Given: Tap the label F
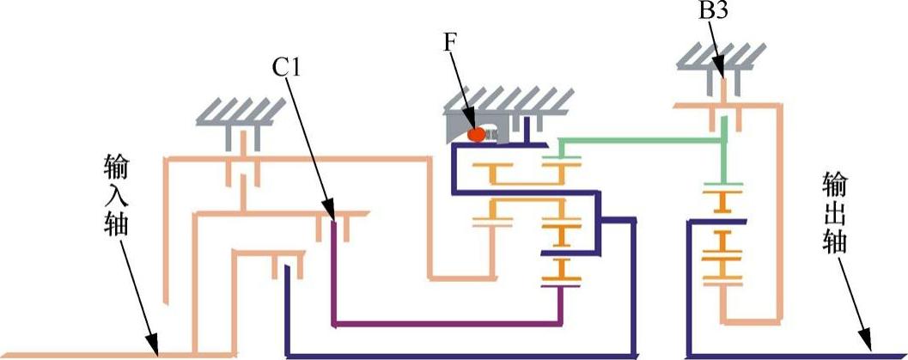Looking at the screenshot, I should coord(449,42).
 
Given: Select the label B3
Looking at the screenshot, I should coord(710,12).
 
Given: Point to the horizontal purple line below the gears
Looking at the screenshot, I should coord(447,324).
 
